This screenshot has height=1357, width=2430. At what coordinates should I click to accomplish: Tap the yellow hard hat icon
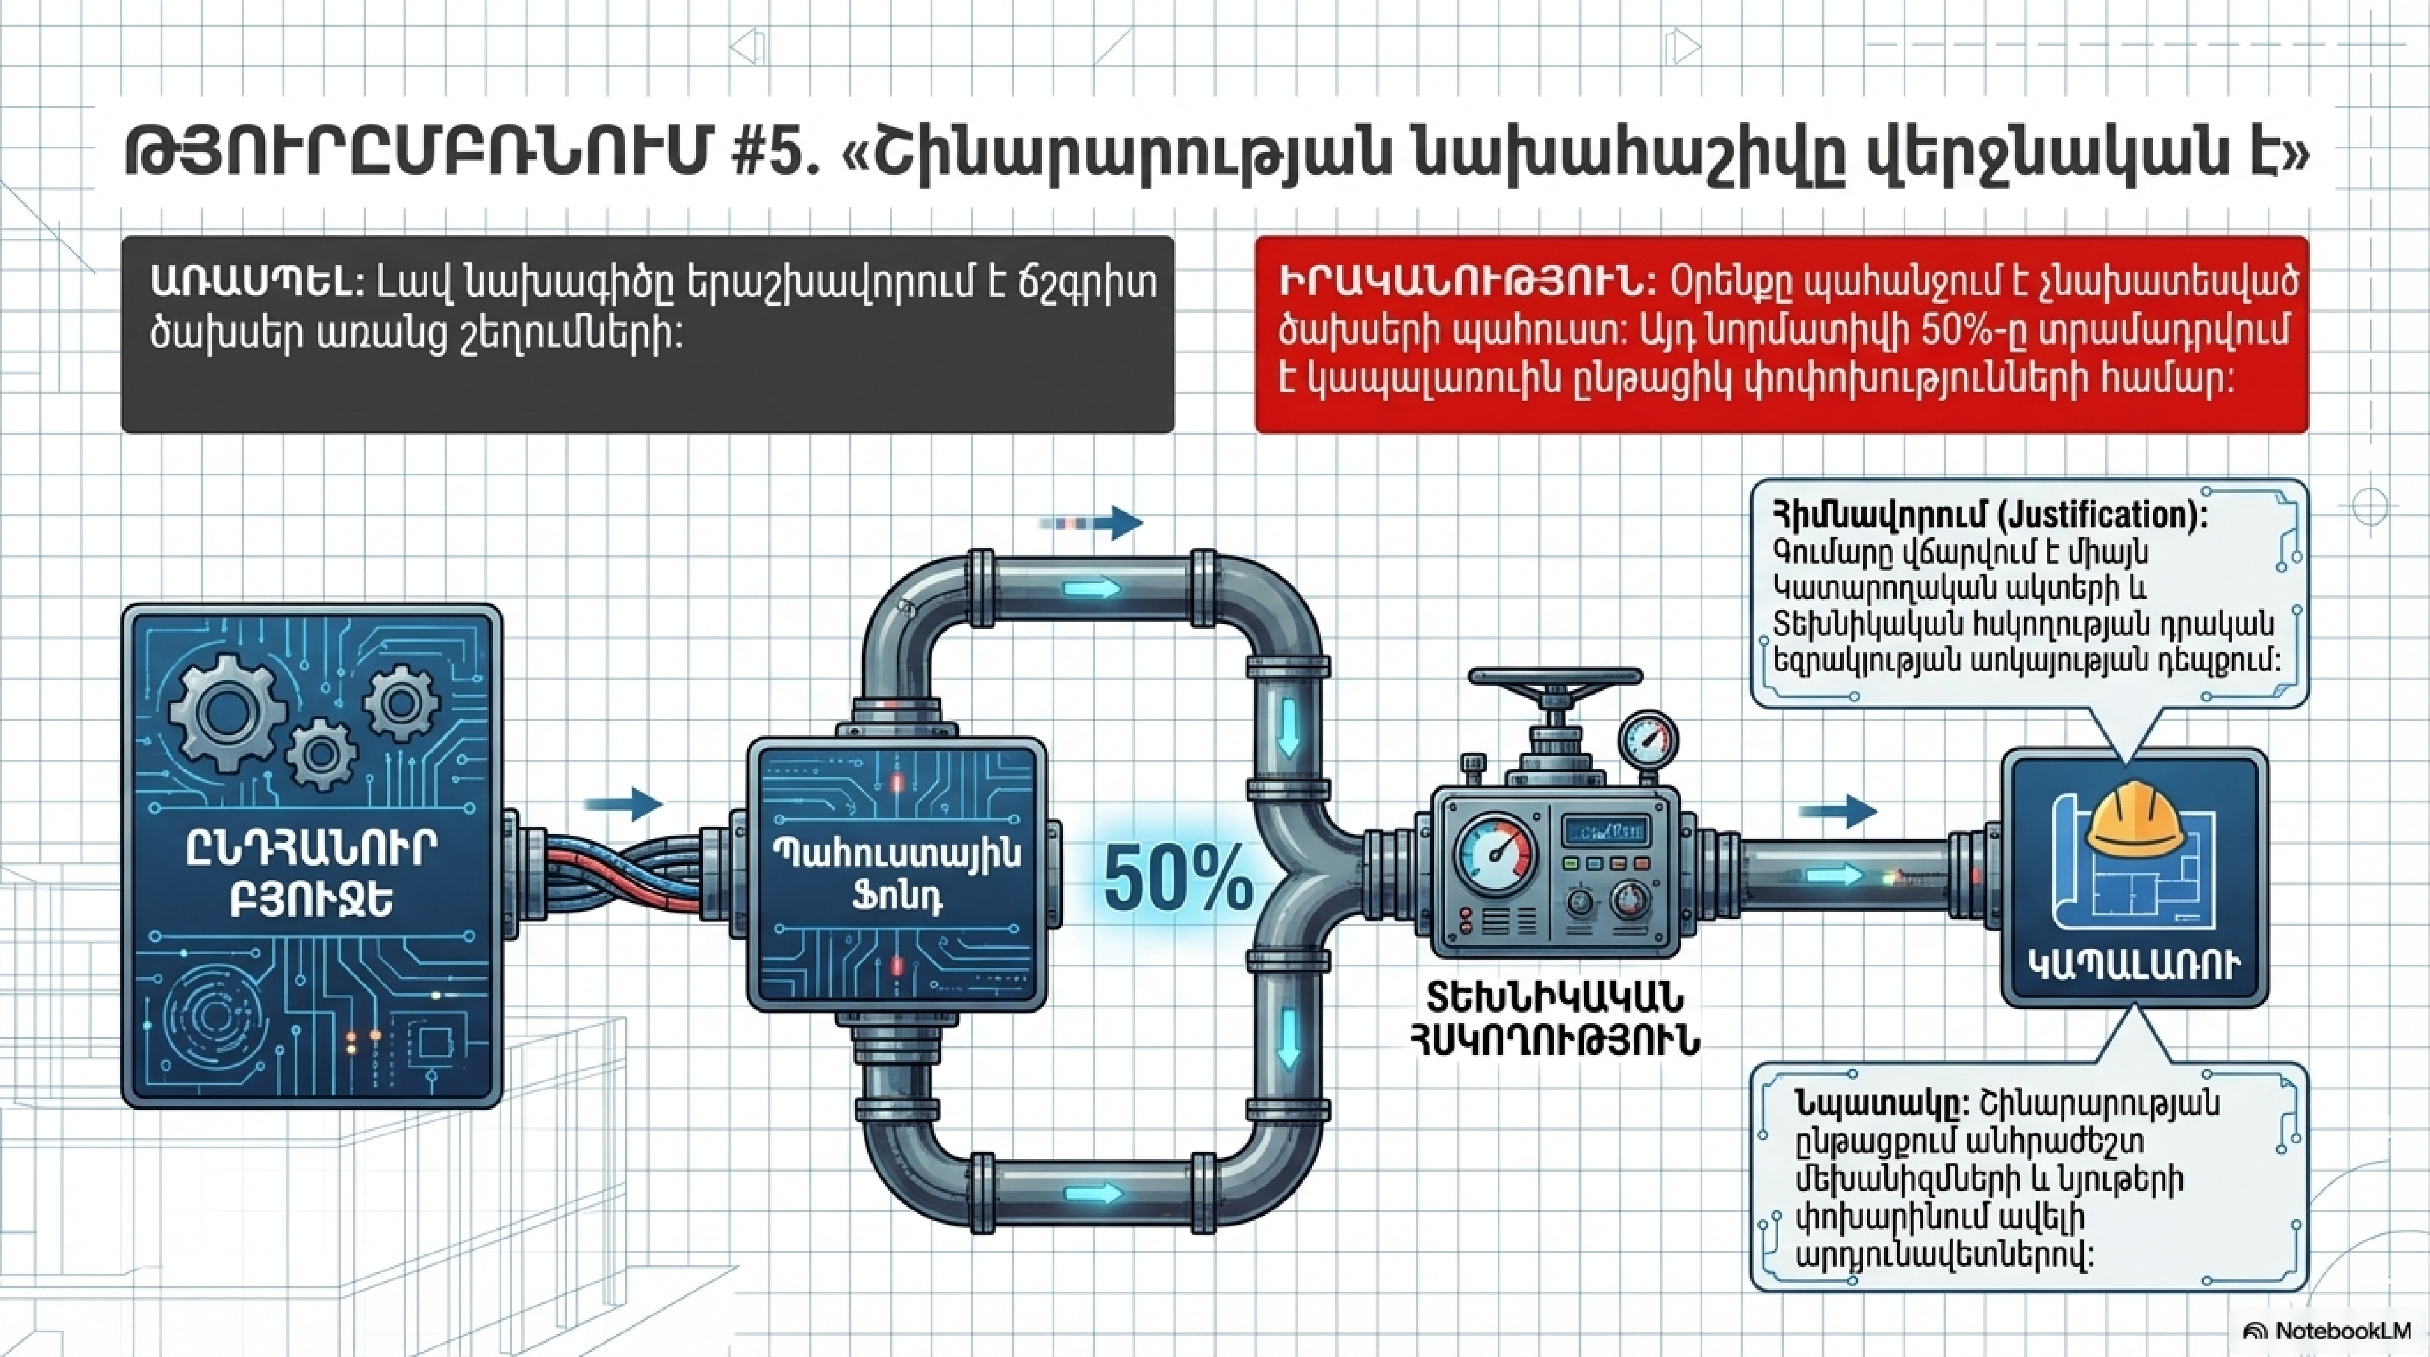[x=2135, y=821]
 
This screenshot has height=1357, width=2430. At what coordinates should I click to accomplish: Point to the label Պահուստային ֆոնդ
[x=896, y=873]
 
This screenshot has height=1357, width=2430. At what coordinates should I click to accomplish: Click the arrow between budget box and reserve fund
[x=623, y=804]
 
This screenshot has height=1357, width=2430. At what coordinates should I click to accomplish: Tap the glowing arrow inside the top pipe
[x=1093, y=590]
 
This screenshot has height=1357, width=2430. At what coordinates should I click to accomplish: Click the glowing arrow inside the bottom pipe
[x=1094, y=1194]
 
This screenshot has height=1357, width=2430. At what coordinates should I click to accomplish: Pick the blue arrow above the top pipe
[x=1091, y=522]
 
